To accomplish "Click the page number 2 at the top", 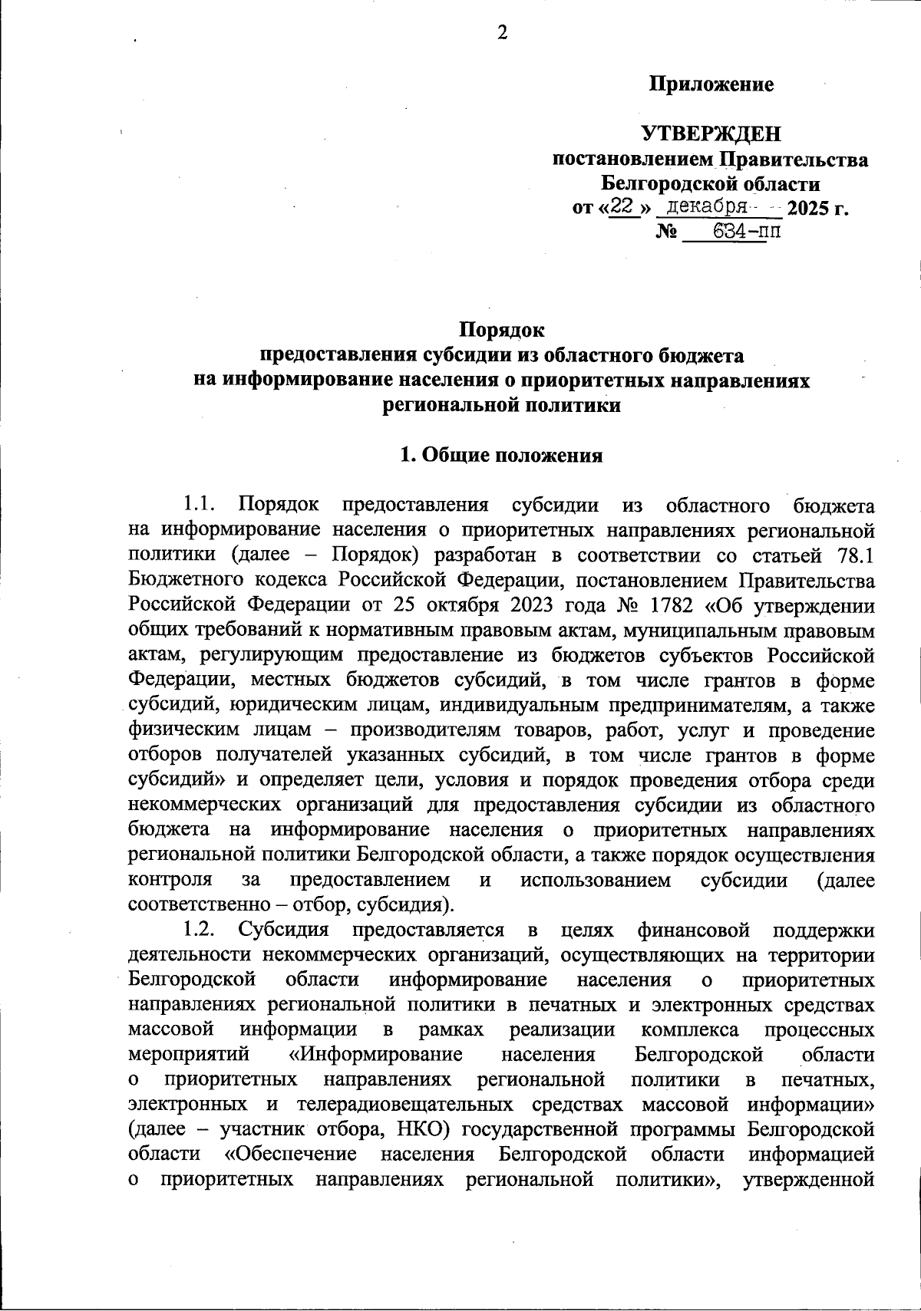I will pyautogui.click(x=503, y=33).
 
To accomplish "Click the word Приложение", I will pyautogui.click(x=711, y=84).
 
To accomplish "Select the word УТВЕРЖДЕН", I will pyautogui.click(x=711, y=134).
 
